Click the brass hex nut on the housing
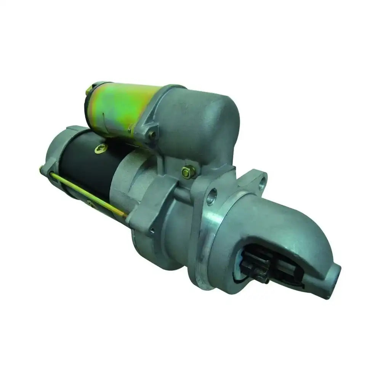pos(188,172)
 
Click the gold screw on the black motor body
pos(101,149)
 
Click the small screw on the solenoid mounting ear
pos(152,134)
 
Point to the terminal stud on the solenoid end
pos(88,91)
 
